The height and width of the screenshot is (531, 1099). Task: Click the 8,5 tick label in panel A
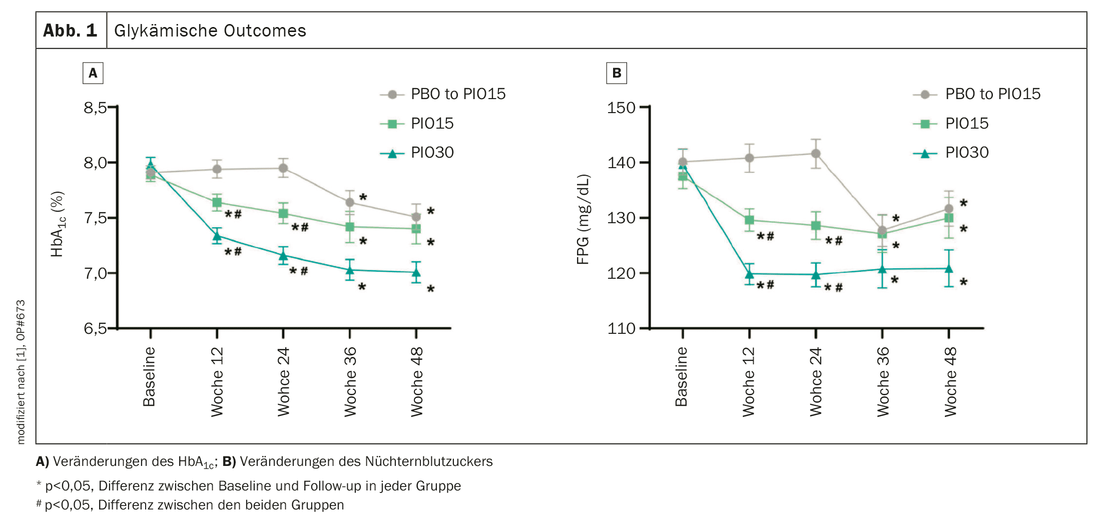pos(95,108)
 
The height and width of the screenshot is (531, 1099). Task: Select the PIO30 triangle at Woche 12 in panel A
pos(217,236)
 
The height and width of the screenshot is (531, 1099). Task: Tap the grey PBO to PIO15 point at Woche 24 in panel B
pos(816,154)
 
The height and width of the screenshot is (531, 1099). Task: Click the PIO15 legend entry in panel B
pos(966,124)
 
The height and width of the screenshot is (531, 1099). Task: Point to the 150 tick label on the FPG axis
pos(621,108)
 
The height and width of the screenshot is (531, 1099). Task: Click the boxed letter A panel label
pos(93,73)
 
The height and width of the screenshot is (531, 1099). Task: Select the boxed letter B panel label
pos(617,73)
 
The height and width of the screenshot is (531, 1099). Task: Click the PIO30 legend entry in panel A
pos(432,153)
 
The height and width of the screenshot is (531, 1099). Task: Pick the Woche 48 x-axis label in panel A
pos(417,381)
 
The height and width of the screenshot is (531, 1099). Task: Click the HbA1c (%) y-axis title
pos(58,224)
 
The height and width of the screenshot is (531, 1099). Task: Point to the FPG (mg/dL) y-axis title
pos(584,219)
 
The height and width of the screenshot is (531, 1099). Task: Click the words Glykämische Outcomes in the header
pos(210,31)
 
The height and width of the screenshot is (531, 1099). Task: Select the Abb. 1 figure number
pos(70,31)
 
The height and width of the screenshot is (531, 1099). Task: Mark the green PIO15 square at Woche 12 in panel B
pos(749,220)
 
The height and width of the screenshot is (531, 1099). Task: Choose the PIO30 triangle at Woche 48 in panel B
pos(949,269)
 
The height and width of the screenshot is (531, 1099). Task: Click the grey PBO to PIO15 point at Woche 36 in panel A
pos(350,202)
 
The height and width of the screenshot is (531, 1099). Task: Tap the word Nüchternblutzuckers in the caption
pos(429,461)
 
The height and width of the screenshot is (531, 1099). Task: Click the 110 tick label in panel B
pos(621,329)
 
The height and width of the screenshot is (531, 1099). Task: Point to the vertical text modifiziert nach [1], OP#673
pos(21,371)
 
